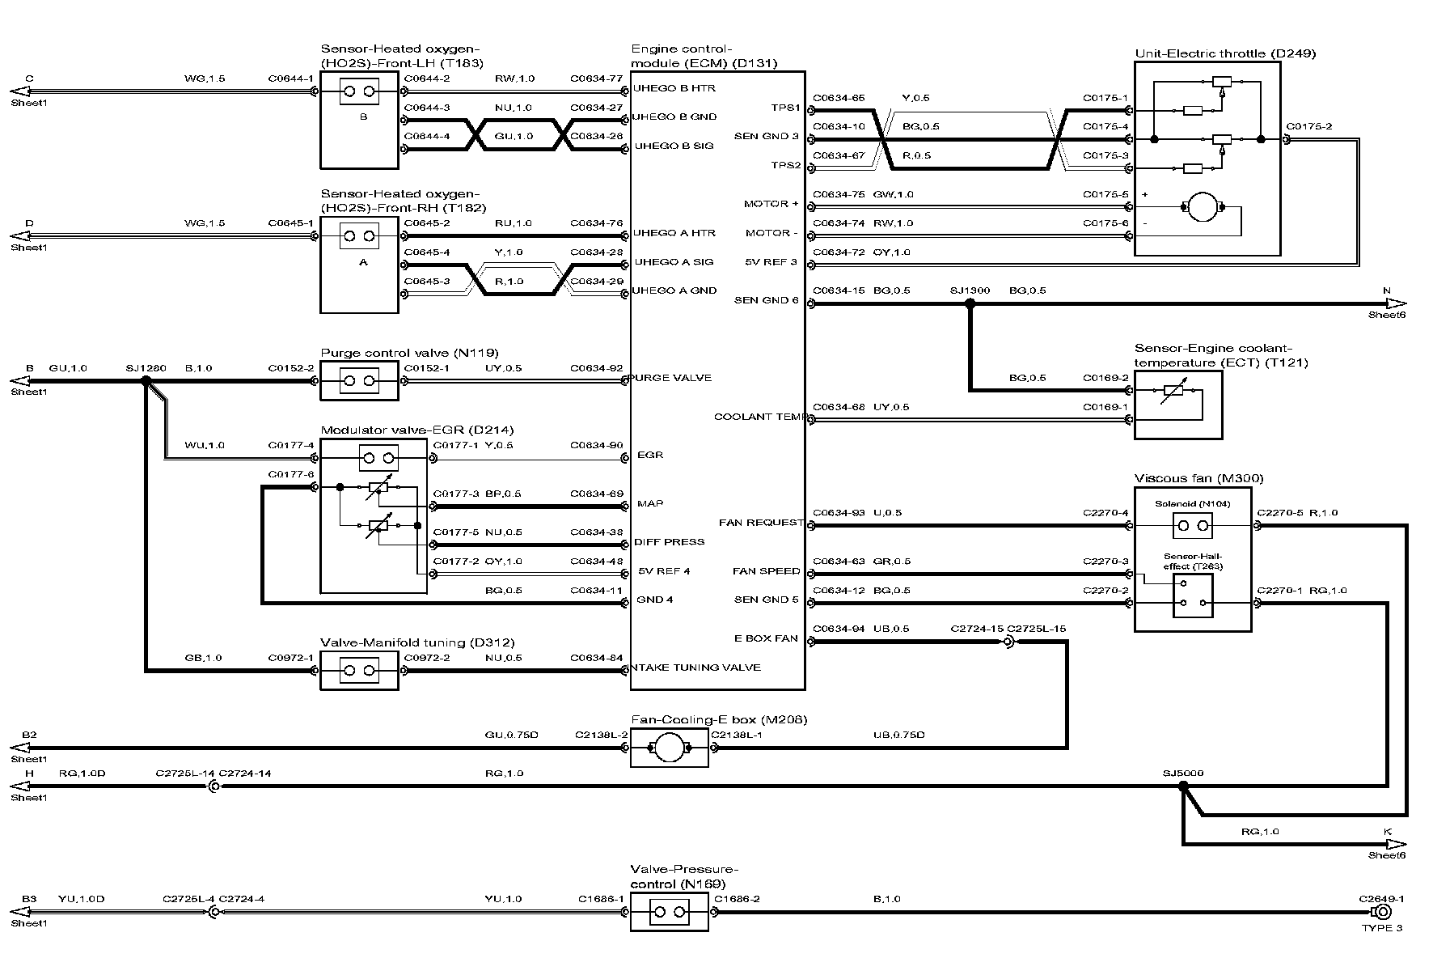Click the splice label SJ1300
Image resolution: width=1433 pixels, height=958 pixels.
(969, 290)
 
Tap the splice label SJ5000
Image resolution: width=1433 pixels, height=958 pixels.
(1183, 774)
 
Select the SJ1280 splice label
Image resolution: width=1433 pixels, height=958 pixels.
(146, 368)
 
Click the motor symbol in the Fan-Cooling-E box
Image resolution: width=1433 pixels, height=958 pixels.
(669, 748)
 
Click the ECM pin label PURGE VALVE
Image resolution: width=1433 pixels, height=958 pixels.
(670, 378)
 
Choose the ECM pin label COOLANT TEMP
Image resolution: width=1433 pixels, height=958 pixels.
(759, 418)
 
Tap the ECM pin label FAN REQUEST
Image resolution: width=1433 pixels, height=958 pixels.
(761, 523)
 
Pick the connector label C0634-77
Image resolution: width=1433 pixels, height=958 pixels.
(596, 79)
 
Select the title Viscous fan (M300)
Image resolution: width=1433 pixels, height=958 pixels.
(1198, 478)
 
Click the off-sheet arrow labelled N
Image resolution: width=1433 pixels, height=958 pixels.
(1395, 303)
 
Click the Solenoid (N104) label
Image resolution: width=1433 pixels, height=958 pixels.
(1192, 504)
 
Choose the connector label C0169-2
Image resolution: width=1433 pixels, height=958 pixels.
(1105, 378)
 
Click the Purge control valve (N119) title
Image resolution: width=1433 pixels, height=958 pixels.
(409, 353)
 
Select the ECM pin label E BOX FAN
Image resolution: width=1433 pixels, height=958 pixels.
(765, 639)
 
